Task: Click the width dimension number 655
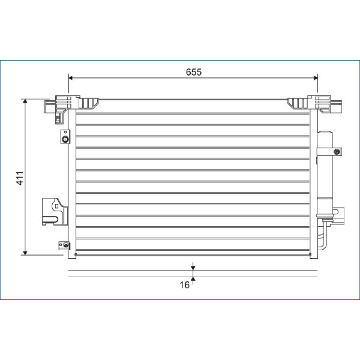(x=193, y=72)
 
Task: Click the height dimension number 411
(x=20, y=178)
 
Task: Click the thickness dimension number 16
(x=184, y=285)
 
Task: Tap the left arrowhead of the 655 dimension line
(x=71, y=78)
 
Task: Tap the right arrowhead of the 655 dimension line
(x=316, y=78)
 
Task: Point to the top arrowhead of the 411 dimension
(x=25, y=101)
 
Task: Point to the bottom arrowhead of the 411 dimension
(x=25, y=253)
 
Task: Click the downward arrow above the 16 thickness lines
(x=193, y=266)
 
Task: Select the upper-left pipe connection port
(x=65, y=137)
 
